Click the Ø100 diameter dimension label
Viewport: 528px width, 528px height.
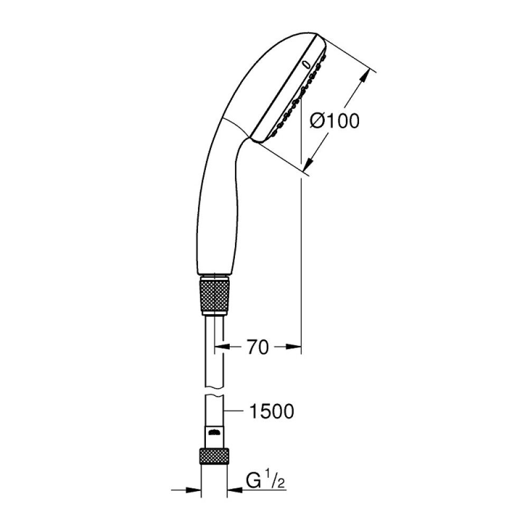click(x=334, y=121)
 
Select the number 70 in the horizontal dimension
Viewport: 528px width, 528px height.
click(x=258, y=347)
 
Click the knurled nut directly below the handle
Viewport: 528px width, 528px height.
click(x=215, y=296)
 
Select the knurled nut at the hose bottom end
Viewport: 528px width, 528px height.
click(x=214, y=456)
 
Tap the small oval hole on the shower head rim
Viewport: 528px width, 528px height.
click(x=307, y=64)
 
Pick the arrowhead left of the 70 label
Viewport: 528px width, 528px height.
click(x=220, y=347)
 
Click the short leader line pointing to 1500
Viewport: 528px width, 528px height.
click(x=235, y=410)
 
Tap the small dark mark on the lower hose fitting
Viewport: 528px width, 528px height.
click(x=214, y=433)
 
